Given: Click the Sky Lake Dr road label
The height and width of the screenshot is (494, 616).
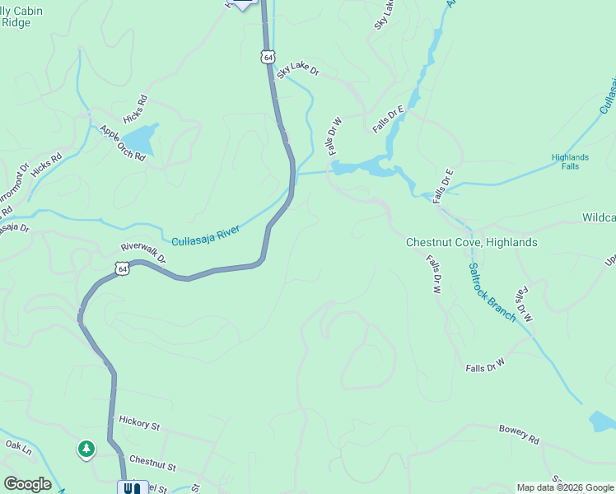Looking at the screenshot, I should (297, 71).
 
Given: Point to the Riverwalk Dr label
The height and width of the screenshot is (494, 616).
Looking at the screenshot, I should (143, 253).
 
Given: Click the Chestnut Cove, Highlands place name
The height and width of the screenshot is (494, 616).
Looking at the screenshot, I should (471, 243).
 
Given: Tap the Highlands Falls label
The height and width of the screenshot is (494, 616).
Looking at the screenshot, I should (570, 161).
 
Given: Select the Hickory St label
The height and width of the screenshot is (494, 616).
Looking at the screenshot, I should (138, 424).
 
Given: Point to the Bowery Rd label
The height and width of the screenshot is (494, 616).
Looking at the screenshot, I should (518, 434).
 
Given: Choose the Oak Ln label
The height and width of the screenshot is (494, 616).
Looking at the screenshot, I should (17, 448).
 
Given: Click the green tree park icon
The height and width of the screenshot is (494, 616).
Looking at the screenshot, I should (86, 449).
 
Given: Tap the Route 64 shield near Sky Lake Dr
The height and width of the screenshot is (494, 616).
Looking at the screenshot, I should (267, 56).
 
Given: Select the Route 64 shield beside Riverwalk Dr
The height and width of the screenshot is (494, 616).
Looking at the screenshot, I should (122, 268).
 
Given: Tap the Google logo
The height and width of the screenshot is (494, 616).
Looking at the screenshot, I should (27, 484).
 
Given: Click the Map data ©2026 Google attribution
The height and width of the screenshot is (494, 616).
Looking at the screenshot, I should (565, 487).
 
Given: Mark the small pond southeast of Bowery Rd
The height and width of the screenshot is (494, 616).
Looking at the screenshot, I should (602, 422).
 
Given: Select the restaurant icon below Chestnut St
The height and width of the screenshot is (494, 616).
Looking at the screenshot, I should (132, 487).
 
